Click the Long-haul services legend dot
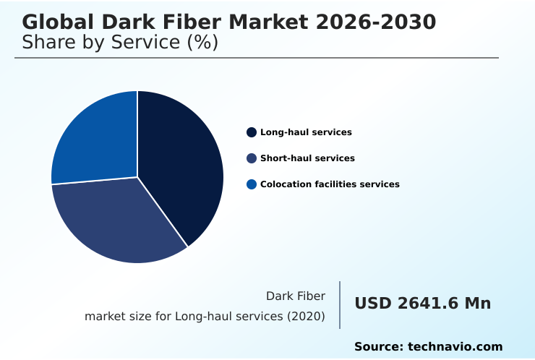pyautogui.click(x=252, y=132)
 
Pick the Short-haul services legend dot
pyautogui.click(x=252, y=158)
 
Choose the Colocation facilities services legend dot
pyautogui.click(x=252, y=184)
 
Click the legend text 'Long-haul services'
pyautogui.click(x=306, y=132)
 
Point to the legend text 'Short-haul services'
pyautogui.click(x=307, y=158)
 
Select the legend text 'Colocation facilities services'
pyautogui.click(x=330, y=184)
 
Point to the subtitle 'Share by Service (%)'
pyautogui.click(x=120, y=42)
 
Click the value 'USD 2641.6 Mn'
pyautogui.click(x=422, y=304)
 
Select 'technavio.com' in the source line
pyautogui.click(x=455, y=347)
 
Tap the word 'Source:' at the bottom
pyautogui.click(x=378, y=347)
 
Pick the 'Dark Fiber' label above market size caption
pyautogui.click(x=296, y=296)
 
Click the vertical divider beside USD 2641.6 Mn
pyautogui.click(x=340, y=305)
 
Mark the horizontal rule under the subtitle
pyautogui.click(x=257, y=58)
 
